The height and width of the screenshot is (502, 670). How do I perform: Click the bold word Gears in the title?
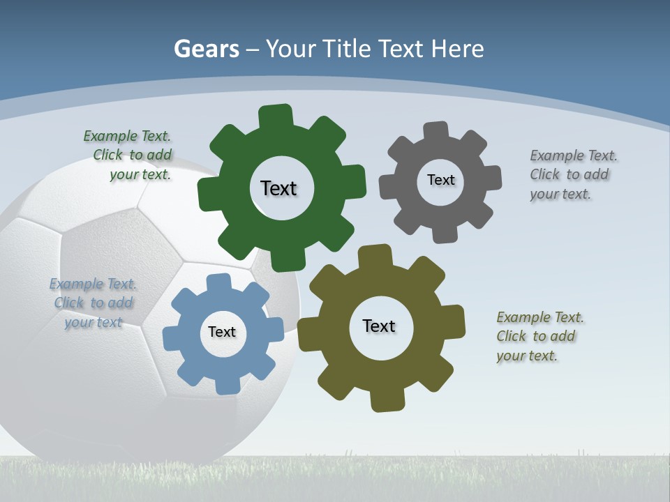click(206, 49)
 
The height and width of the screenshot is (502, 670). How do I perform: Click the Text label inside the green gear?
click(278, 188)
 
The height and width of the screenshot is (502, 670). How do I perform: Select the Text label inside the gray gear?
click(440, 180)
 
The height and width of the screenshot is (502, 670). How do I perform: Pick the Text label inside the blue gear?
click(222, 332)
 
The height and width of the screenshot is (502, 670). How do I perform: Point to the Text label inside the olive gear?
click(379, 326)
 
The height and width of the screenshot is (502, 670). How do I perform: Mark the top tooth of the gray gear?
click(435, 131)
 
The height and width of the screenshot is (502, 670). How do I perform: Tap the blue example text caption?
click(93, 303)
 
